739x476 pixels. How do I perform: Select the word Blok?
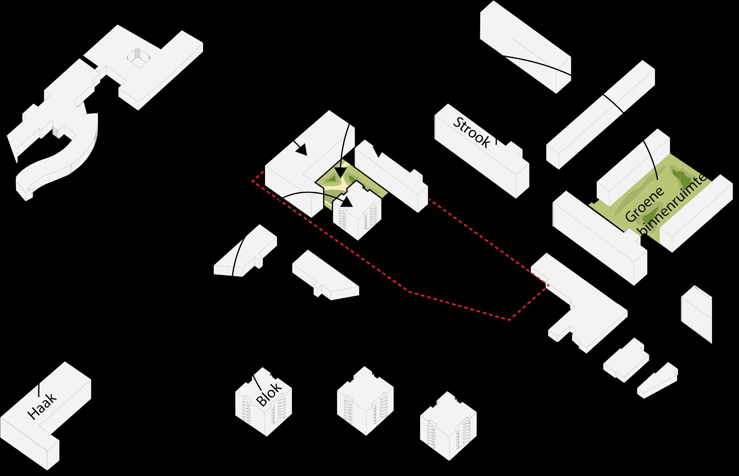pos(269,394)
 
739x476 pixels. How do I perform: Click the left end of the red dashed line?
pos(253,181)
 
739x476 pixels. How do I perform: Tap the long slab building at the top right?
pos(525,46)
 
